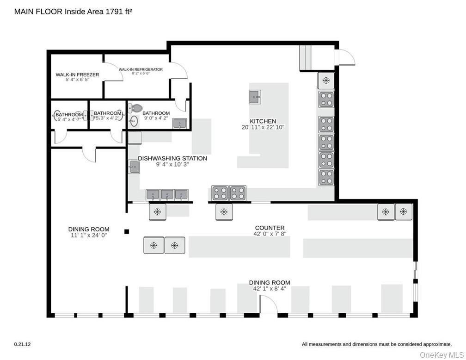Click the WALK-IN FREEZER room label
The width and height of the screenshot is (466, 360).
77,74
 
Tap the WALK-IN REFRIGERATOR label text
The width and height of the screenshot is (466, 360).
141,69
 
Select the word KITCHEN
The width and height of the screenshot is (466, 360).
263,121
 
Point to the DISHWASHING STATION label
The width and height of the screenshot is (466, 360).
172,158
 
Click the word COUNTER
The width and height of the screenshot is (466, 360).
270,228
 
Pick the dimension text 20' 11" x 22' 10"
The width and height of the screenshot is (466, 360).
263,127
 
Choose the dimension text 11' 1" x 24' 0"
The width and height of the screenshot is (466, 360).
89,235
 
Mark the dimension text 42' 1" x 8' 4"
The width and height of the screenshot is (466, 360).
270,288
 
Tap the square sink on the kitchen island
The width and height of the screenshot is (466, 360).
255,97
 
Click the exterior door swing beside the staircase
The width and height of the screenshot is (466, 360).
346,57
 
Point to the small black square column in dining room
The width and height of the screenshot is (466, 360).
127,231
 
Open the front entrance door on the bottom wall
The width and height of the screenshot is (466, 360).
267,305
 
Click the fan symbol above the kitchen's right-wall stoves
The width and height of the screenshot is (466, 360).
326,81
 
